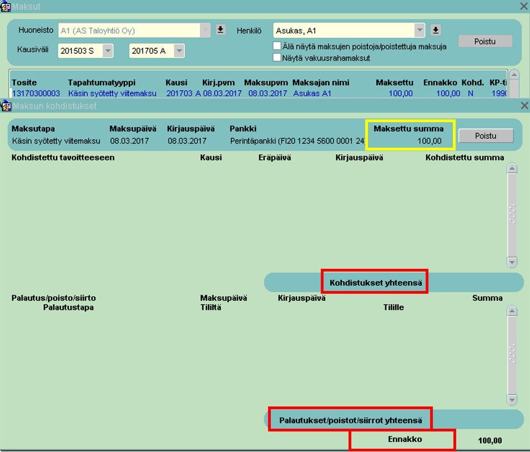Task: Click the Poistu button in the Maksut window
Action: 485,41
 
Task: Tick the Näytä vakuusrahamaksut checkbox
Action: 277,57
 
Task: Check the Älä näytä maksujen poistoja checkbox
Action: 277,46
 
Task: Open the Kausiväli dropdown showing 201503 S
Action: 108,51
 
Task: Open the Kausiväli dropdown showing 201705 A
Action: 179,51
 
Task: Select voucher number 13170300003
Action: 36,93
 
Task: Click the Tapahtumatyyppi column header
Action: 102,83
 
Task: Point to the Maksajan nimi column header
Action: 321,83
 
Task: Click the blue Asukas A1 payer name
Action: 312,93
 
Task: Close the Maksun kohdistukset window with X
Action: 524,106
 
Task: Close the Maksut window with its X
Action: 524,7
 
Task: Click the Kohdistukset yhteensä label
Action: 376,283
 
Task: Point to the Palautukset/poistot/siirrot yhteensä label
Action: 351,420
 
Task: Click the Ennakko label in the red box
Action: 405,439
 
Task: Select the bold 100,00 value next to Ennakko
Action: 490,440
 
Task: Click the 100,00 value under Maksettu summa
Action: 430,140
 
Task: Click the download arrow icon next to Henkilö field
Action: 435,30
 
